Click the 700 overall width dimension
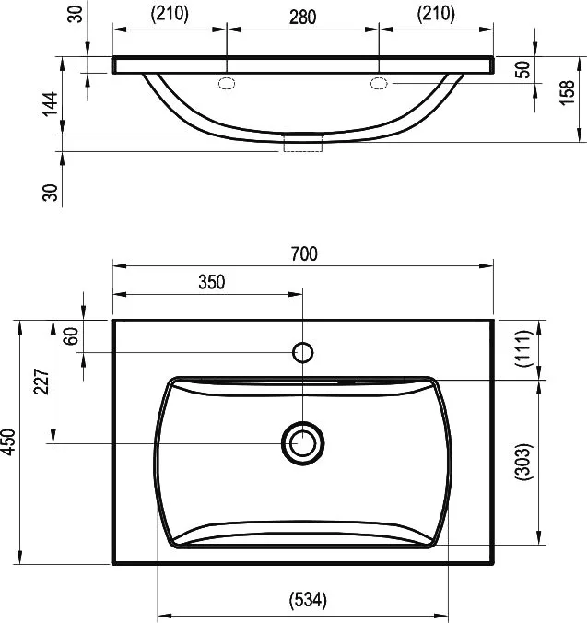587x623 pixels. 304,254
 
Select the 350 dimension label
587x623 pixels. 212,282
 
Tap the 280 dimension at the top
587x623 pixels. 302,18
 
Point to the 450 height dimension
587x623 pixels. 8,441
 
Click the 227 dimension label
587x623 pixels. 41,382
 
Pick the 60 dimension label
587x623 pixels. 72,336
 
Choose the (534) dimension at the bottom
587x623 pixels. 308,600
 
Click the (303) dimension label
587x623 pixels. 522,462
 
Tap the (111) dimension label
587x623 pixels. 522,348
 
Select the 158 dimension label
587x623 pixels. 568,92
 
